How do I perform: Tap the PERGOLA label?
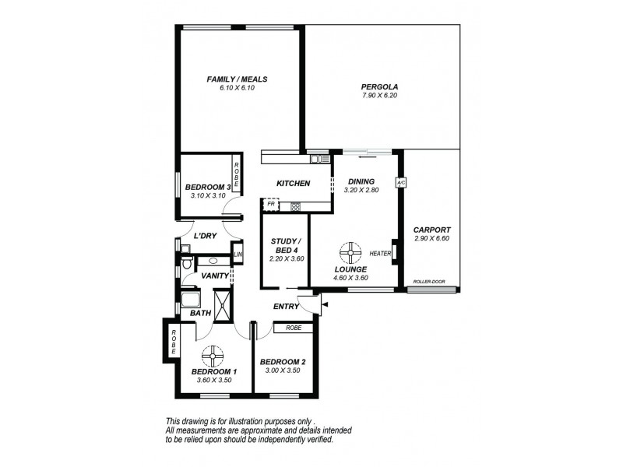click(378, 86)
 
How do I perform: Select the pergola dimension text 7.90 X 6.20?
click(378, 96)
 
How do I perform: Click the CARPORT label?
click(431, 230)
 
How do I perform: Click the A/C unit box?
click(401, 183)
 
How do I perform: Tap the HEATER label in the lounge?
click(380, 254)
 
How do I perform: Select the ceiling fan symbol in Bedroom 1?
click(212, 356)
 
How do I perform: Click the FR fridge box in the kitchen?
click(271, 206)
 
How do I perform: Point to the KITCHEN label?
click(294, 184)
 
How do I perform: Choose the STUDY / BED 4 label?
click(285, 246)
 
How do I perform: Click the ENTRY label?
click(286, 307)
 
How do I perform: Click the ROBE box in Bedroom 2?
click(293, 328)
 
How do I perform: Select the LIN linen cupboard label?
click(238, 255)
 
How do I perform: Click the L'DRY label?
click(204, 237)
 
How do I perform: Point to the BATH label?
click(200, 313)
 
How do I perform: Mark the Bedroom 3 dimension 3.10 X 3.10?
click(208, 195)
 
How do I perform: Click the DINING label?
click(361, 181)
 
